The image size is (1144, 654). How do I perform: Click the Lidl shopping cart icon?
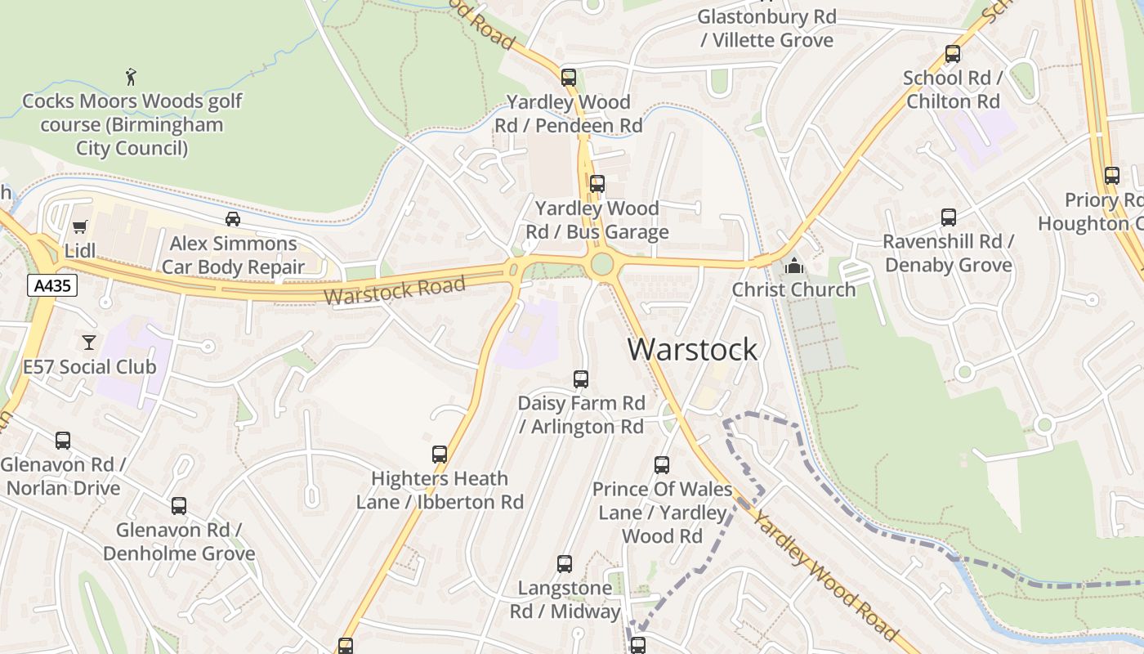tap(79, 226)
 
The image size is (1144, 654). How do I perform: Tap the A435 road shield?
tap(51, 285)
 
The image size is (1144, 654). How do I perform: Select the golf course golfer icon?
tap(131, 77)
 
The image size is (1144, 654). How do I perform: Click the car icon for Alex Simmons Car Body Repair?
tap(233, 219)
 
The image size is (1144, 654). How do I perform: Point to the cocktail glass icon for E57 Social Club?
tap(89, 342)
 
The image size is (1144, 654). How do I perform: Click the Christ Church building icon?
tap(793, 266)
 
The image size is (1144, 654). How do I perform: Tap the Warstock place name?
tap(692, 349)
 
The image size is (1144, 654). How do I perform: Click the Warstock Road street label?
tap(395, 290)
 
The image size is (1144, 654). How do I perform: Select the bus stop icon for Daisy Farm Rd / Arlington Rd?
tap(581, 379)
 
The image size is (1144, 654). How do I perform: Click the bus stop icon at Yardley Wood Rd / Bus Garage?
tap(597, 184)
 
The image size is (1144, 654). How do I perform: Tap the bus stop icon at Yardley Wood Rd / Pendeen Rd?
tap(569, 78)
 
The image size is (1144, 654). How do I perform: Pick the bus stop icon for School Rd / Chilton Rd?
tap(953, 54)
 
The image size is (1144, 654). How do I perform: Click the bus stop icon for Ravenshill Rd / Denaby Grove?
tap(949, 217)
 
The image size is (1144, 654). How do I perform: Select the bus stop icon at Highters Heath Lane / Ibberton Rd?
tap(440, 455)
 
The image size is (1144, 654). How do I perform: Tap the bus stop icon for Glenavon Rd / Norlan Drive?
tap(63, 441)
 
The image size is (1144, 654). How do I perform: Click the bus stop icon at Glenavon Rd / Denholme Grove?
tap(179, 506)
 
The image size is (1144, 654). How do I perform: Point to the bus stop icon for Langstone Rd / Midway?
tap(565, 564)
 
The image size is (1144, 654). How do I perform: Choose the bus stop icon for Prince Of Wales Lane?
tap(662, 465)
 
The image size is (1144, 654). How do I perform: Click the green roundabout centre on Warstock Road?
tap(601, 264)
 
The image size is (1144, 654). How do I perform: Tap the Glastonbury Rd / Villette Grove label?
tap(766, 29)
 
